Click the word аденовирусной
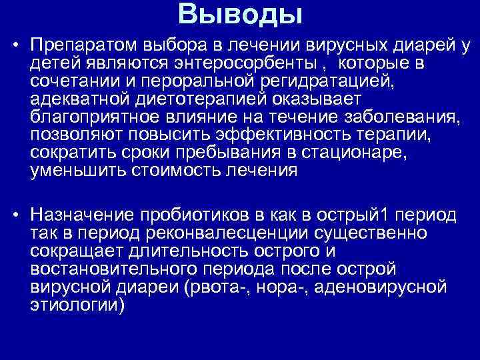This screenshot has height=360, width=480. tap(387, 287)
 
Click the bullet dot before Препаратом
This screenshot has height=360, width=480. tap(14, 46)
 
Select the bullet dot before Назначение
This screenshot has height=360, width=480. tap(14, 216)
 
